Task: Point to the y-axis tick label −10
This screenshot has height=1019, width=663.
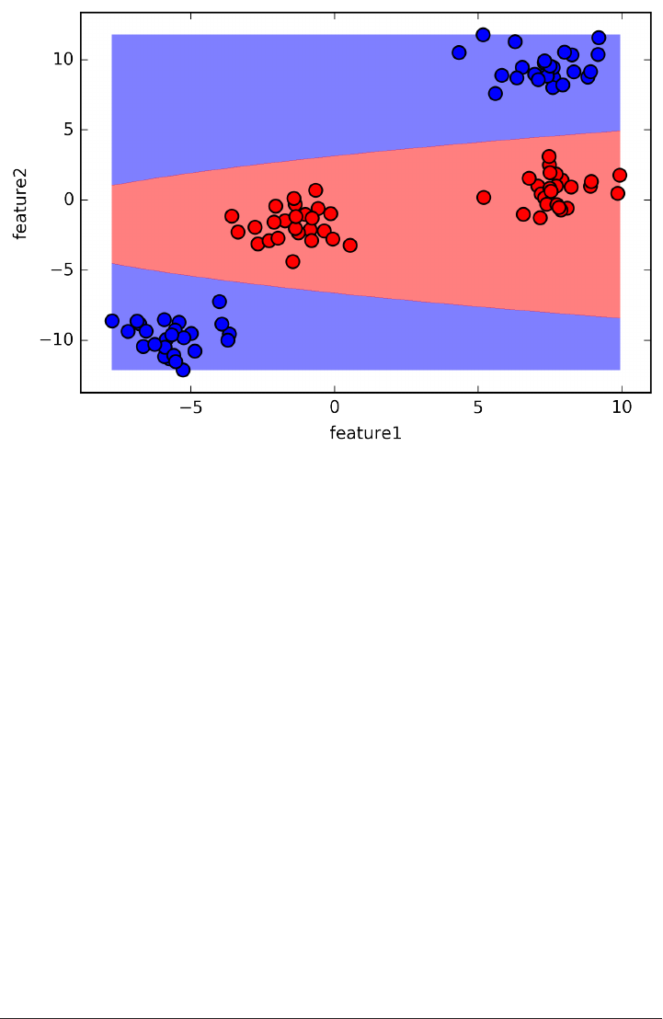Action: (x=56, y=340)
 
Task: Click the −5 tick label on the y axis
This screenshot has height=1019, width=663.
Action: (x=60, y=269)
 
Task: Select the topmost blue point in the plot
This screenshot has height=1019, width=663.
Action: (x=483, y=35)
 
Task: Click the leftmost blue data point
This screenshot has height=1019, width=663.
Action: (x=112, y=321)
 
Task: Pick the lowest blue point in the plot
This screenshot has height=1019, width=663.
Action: (x=183, y=370)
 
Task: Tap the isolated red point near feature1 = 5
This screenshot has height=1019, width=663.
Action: (x=484, y=198)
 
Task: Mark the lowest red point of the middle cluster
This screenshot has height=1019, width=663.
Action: (x=292, y=261)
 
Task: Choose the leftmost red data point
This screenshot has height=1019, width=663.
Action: (x=232, y=216)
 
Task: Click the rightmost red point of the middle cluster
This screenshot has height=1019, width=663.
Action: (x=350, y=246)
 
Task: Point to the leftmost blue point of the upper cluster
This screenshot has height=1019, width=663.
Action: (x=459, y=52)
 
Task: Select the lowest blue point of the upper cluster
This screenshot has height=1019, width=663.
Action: (x=496, y=93)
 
